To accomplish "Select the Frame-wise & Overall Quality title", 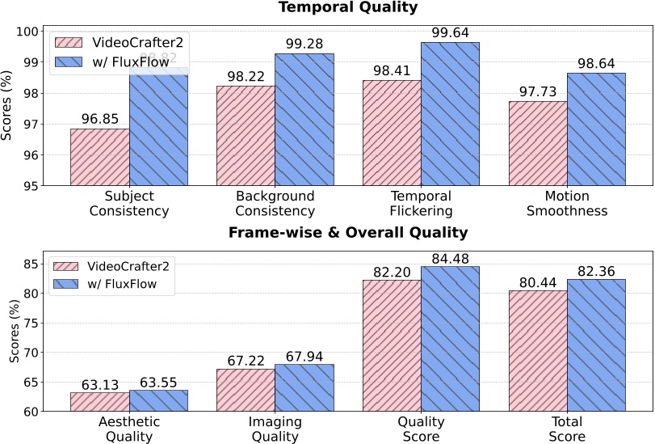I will coord(348,233).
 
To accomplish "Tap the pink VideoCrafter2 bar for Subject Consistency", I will coord(100,157).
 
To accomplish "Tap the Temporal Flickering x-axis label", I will coord(421,204).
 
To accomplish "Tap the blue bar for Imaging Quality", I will coord(304,387).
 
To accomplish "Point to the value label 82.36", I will coord(596,269).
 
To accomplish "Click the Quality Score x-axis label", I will coord(421,429).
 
